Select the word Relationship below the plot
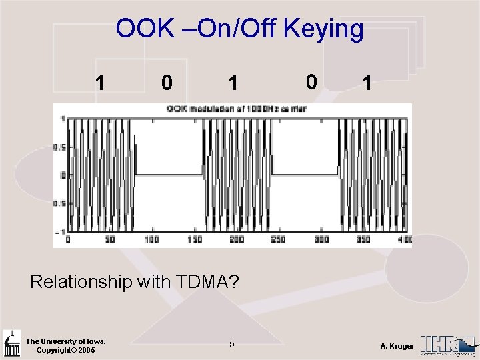(x=81, y=281)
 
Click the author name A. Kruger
(x=397, y=346)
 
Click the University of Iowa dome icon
(x=11, y=343)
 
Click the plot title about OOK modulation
(x=236, y=109)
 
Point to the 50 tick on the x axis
(x=110, y=239)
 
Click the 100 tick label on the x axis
(x=152, y=239)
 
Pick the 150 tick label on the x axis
(x=195, y=239)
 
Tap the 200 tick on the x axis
(x=237, y=239)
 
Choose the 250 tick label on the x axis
(x=279, y=239)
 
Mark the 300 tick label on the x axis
(x=321, y=239)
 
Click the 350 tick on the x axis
(x=363, y=239)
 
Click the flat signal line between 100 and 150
(x=169, y=175)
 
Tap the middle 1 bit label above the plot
(x=232, y=83)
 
